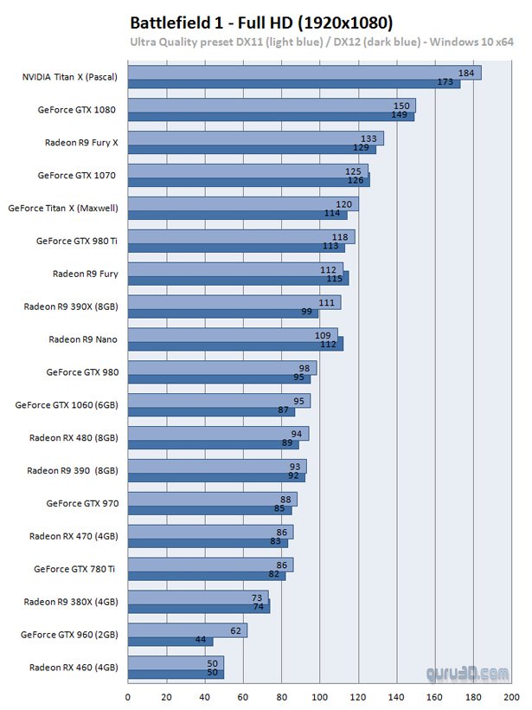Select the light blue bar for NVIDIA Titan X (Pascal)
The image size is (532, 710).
point(303,73)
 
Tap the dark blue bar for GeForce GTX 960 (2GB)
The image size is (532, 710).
point(170,641)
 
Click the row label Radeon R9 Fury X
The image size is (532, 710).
point(81,142)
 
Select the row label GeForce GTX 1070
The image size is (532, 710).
point(77,175)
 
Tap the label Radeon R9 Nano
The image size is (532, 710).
point(83,339)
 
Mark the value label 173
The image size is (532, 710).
point(446,83)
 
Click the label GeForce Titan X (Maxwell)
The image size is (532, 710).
point(63,208)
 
